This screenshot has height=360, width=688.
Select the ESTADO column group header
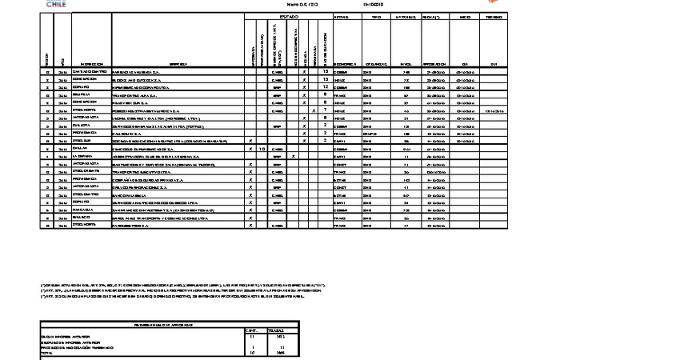click(x=289, y=17)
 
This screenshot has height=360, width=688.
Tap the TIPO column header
click(x=376, y=17)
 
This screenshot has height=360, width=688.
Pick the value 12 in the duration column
click(x=326, y=87)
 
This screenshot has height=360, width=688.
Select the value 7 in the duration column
click(x=326, y=110)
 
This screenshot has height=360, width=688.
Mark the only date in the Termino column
click(x=494, y=110)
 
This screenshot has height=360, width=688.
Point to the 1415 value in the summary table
click(x=278, y=337)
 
